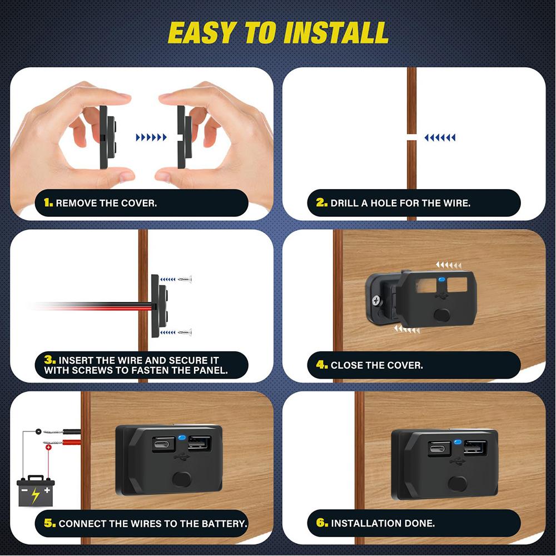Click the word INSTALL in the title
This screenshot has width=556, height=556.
tap(335, 33)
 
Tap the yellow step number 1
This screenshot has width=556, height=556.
tap(48, 203)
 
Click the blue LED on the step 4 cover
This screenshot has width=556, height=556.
tap(441, 281)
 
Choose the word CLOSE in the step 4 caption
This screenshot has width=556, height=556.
tap(349, 365)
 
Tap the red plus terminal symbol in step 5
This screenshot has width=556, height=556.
tap(48, 447)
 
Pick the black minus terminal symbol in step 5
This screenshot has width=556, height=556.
tap(37, 432)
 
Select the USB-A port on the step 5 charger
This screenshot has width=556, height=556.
tap(199, 443)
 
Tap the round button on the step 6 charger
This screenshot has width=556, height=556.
tap(457, 483)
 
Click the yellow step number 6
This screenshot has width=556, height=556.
tap(321, 523)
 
